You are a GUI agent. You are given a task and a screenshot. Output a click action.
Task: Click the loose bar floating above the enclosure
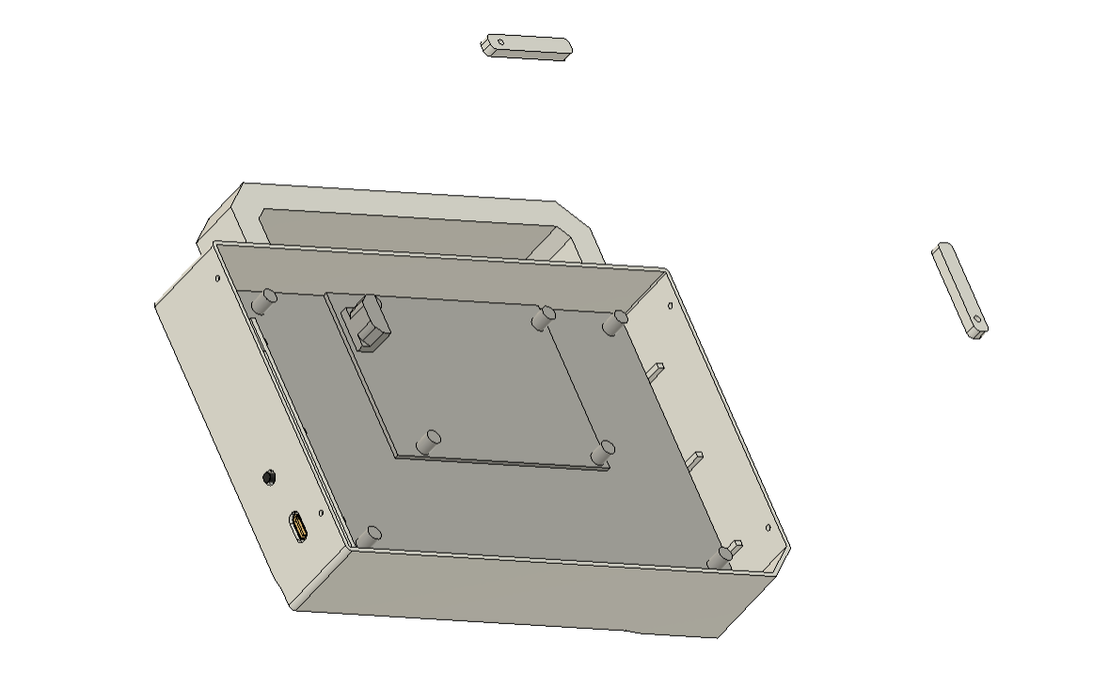pyautogui.click(x=527, y=47)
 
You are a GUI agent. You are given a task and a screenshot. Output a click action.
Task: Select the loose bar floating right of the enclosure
pyautogui.click(x=959, y=290)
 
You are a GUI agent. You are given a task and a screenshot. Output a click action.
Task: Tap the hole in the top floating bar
pyautogui.click(x=500, y=41)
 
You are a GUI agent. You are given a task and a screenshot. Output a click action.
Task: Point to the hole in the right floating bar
pyautogui.click(x=977, y=320)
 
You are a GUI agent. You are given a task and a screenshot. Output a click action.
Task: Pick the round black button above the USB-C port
pyautogui.click(x=270, y=477)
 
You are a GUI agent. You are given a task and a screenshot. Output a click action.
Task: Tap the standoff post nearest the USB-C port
pyautogui.click(x=369, y=536)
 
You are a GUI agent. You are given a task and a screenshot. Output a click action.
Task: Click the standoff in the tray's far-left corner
pyautogui.click(x=264, y=300)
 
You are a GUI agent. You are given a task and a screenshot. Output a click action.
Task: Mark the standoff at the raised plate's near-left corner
pyautogui.click(x=430, y=440)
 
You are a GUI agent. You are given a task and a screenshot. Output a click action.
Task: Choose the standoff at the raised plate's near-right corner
pyautogui.click(x=602, y=453)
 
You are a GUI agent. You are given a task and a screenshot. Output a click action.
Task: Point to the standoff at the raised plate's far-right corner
pyautogui.click(x=542, y=318)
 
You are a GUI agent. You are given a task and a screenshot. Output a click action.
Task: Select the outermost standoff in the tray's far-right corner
pyautogui.click(x=616, y=322)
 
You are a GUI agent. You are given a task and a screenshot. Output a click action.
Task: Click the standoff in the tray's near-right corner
pyautogui.click(x=720, y=557)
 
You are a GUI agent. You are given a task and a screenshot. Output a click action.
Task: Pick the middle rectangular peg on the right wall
pyautogui.click(x=696, y=459)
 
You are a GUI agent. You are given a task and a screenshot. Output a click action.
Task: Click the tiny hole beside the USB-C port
pyautogui.click(x=320, y=514)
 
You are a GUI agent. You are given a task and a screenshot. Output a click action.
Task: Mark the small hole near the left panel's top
pyautogui.click(x=218, y=279)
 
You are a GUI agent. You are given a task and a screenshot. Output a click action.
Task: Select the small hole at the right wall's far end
pyautogui.click(x=670, y=305)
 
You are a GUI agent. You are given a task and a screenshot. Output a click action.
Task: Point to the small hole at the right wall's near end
pyautogui.click(x=768, y=528)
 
